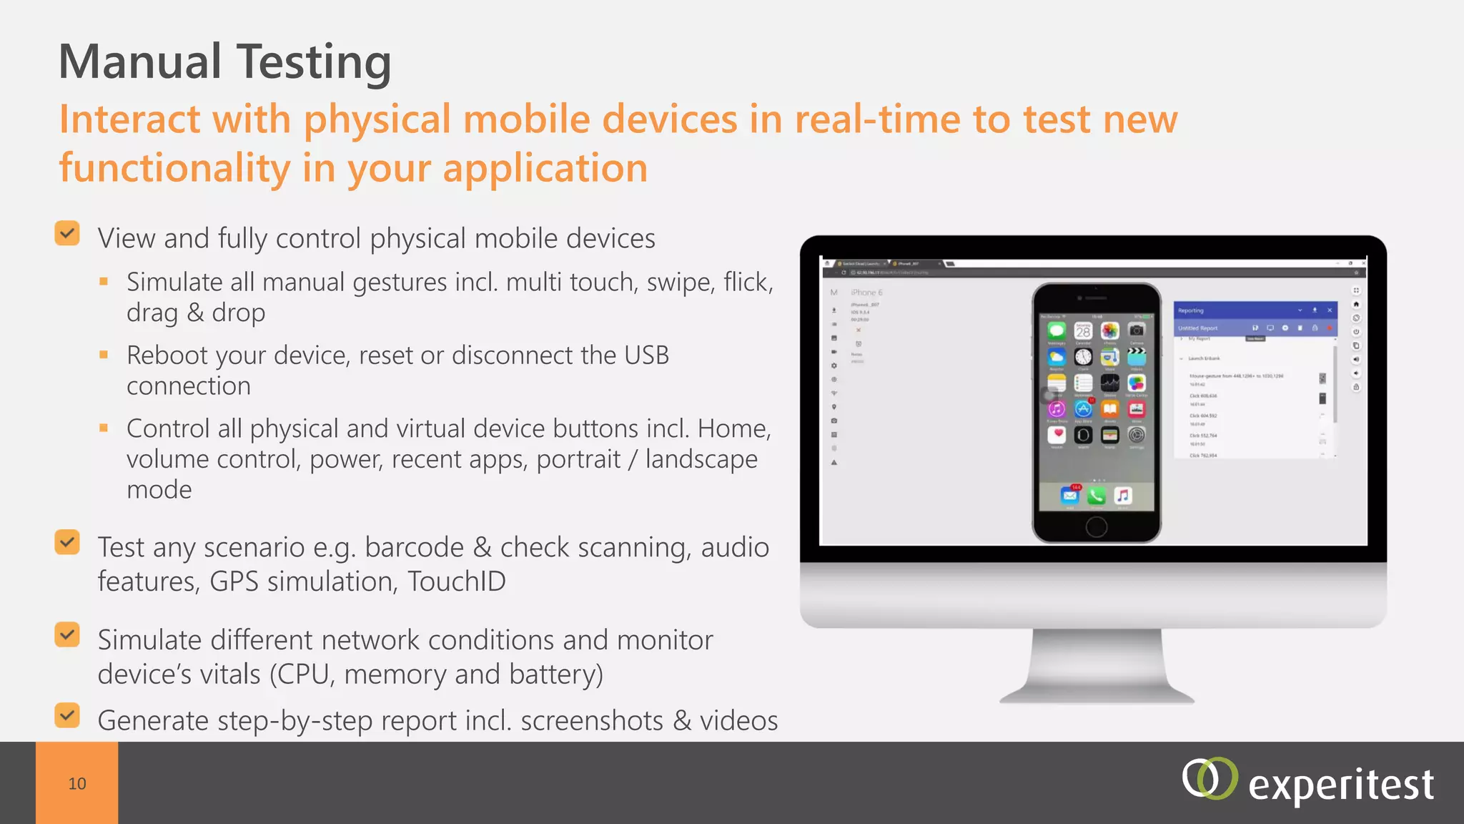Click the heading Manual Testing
click(x=224, y=62)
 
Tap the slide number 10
click(x=77, y=784)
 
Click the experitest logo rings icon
click(x=1209, y=779)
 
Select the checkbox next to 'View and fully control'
click(x=67, y=233)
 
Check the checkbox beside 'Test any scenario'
click(x=67, y=542)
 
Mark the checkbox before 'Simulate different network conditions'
click(x=67, y=634)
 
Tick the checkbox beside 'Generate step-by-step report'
click(x=67, y=715)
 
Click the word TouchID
click(x=456, y=582)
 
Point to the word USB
click(x=646, y=355)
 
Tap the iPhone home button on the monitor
click(x=1096, y=528)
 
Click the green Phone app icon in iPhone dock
click(x=1096, y=496)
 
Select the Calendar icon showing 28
click(x=1083, y=331)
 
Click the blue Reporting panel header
click(x=1255, y=310)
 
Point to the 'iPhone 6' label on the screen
click(x=866, y=293)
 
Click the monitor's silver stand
click(x=1096, y=665)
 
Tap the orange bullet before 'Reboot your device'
click(x=104, y=355)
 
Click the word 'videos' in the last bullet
click(x=738, y=721)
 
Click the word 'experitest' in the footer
click(x=1340, y=785)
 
